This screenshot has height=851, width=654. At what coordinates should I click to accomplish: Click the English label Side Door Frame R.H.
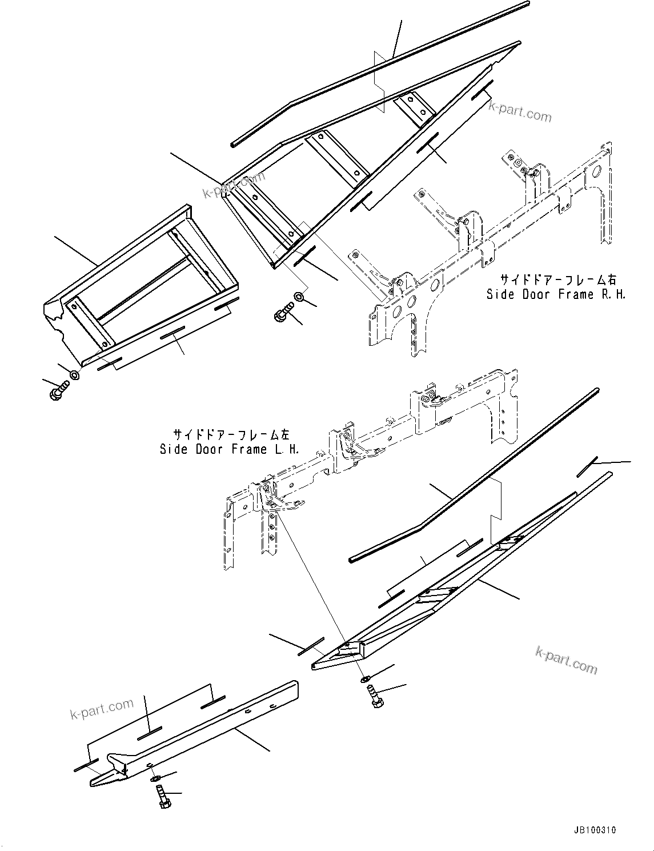click(x=556, y=295)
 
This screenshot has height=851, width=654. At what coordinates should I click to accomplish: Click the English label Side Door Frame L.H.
click(x=230, y=449)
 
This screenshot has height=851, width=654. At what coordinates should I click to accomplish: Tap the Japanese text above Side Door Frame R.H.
click(x=558, y=279)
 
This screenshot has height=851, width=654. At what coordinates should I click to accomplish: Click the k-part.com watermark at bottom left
click(x=102, y=709)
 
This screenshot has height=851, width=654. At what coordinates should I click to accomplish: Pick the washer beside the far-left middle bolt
click(x=75, y=375)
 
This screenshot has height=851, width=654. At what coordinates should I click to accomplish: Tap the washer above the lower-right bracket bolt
click(x=364, y=679)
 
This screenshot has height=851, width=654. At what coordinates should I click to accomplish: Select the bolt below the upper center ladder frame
click(x=283, y=312)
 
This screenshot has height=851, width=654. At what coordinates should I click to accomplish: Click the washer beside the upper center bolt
click(x=299, y=296)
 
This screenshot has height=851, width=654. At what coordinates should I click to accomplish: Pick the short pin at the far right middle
click(x=587, y=466)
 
